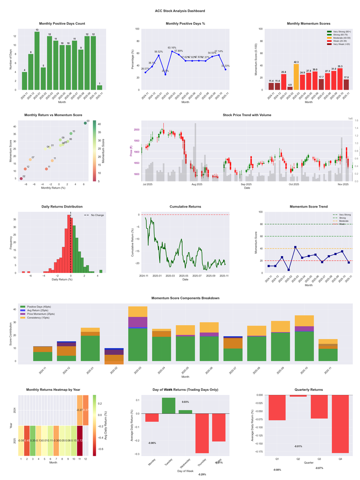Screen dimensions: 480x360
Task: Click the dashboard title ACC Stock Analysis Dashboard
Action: point(180,11)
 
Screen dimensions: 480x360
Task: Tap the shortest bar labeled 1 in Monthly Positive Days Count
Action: point(99,87)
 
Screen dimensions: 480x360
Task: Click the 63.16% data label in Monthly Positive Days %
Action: point(172,47)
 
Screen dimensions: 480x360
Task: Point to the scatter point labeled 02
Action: point(21,178)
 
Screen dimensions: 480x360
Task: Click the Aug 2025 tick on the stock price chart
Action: point(197,184)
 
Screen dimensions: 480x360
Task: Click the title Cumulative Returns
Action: point(185,206)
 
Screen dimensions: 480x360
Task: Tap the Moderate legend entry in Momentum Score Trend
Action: point(343,221)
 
